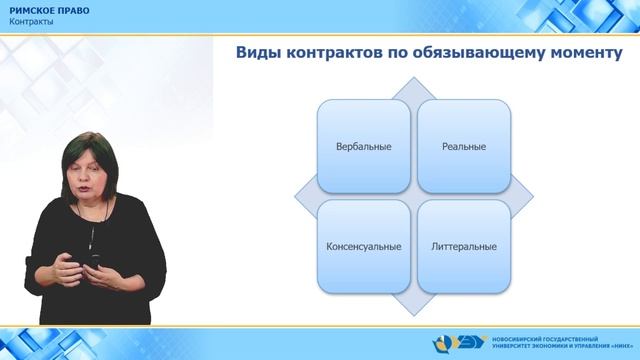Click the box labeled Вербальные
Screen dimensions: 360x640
364,146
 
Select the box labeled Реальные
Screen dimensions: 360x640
464,146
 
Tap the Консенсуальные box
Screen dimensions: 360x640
364,246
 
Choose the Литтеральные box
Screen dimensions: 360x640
464,246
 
